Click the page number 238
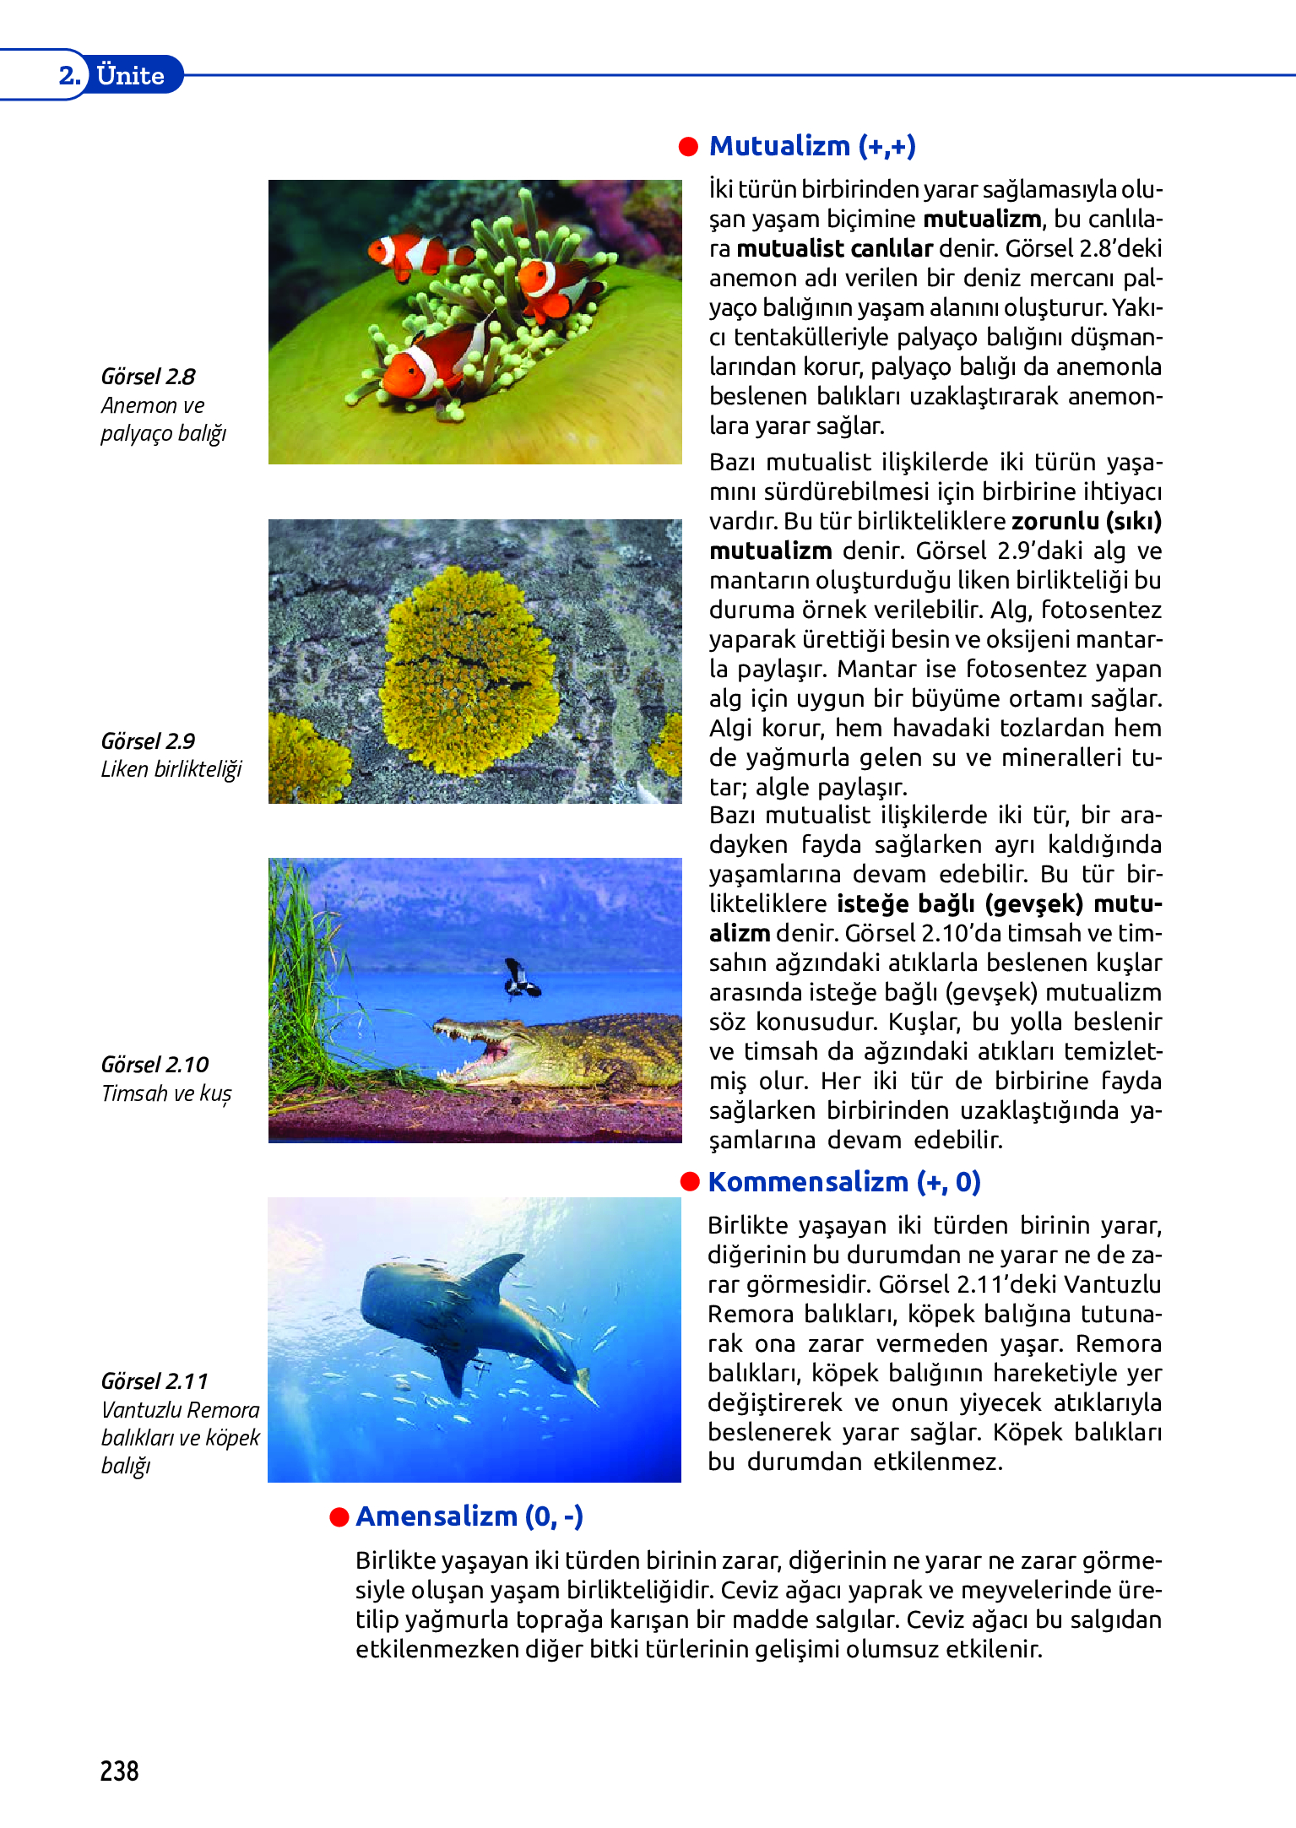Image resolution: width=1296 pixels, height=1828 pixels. click(x=119, y=1771)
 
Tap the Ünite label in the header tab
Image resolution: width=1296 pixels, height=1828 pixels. click(x=131, y=76)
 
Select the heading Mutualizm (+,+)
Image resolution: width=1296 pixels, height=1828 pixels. click(x=812, y=146)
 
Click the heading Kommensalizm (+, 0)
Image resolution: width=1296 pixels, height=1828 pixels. click(x=844, y=1182)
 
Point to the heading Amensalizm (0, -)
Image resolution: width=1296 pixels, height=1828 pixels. click(x=469, y=1516)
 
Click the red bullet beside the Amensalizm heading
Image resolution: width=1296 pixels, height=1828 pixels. click(x=339, y=1517)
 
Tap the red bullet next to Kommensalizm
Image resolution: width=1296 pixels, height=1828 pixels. click(x=690, y=1182)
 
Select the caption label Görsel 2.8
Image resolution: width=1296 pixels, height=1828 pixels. click(x=148, y=377)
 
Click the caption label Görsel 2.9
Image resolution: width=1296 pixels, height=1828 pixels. click(x=148, y=741)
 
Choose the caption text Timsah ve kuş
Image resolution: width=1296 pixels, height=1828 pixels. click(x=166, y=1093)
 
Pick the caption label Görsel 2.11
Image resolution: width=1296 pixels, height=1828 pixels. click(x=155, y=1381)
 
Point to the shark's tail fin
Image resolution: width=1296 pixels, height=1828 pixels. click(x=584, y=1385)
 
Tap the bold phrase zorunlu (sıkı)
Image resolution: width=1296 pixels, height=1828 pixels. click(x=1087, y=521)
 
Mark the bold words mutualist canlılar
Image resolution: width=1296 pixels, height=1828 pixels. click(x=834, y=248)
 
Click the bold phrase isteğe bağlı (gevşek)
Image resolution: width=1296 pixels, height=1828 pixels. click(x=960, y=903)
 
